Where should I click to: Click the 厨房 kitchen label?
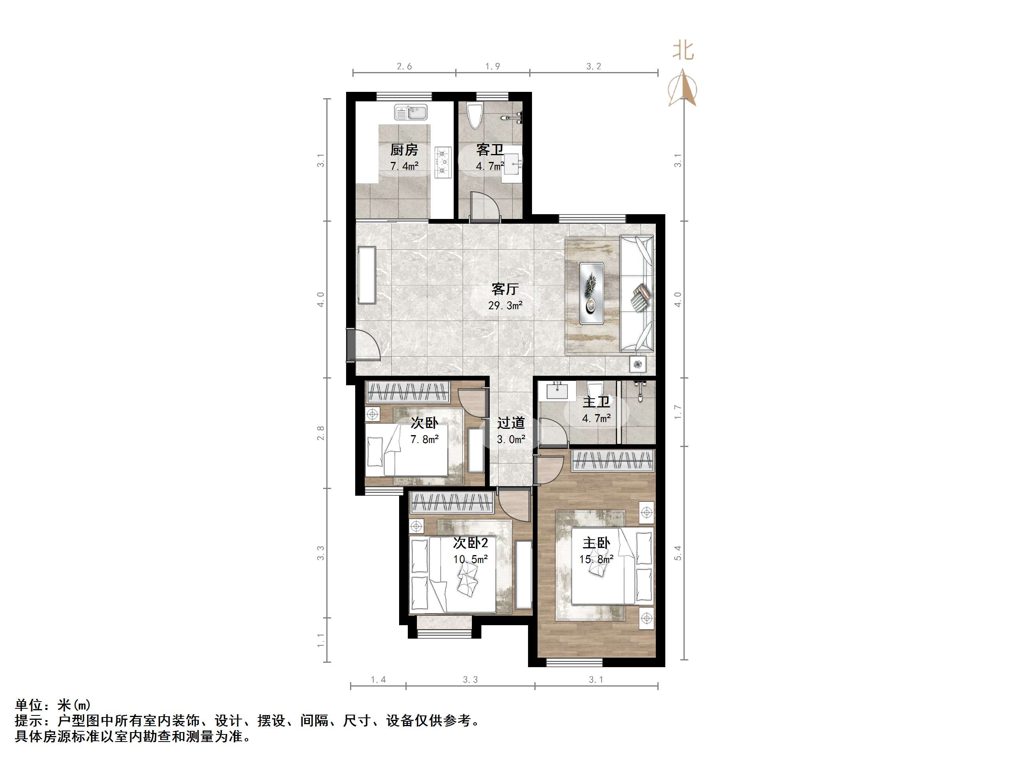(404, 150)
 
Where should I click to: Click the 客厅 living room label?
(505, 289)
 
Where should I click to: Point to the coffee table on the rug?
(591, 293)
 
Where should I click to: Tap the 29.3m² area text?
(505, 305)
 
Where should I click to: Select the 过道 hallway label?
(511, 423)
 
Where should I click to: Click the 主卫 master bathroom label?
(596, 402)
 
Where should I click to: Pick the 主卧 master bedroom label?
(596, 543)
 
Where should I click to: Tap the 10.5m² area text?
(470, 559)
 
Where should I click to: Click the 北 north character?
(683, 50)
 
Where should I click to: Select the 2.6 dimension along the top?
(404, 67)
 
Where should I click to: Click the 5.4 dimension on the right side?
(678, 553)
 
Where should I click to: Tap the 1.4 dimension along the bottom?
(378, 680)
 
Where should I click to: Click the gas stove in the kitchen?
(443, 162)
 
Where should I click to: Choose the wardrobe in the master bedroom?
(613, 460)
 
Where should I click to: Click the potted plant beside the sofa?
(638, 364)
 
